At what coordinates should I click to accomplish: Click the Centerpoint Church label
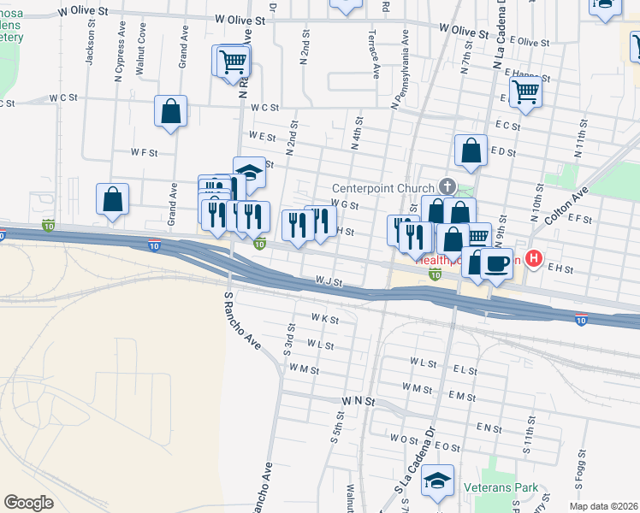(x=383, y=187)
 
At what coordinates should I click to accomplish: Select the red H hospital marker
(x=535, y=257)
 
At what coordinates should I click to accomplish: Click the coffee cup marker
(x=496, y=264)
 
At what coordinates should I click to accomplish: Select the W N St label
(x=359, y=400)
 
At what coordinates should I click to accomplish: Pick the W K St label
(x=325, y=319)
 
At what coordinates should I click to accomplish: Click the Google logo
(x=28, y=503)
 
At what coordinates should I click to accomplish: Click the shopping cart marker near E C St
(x=524, y=94)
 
